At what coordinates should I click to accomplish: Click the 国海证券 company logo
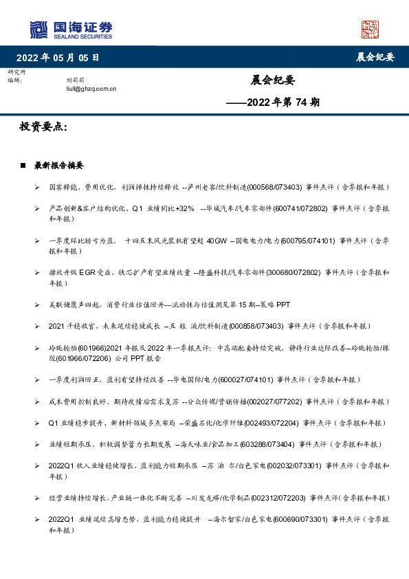coord(71,29)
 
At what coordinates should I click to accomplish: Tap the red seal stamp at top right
coord(370,29)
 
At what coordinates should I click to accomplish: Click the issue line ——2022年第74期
coord(273,102)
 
